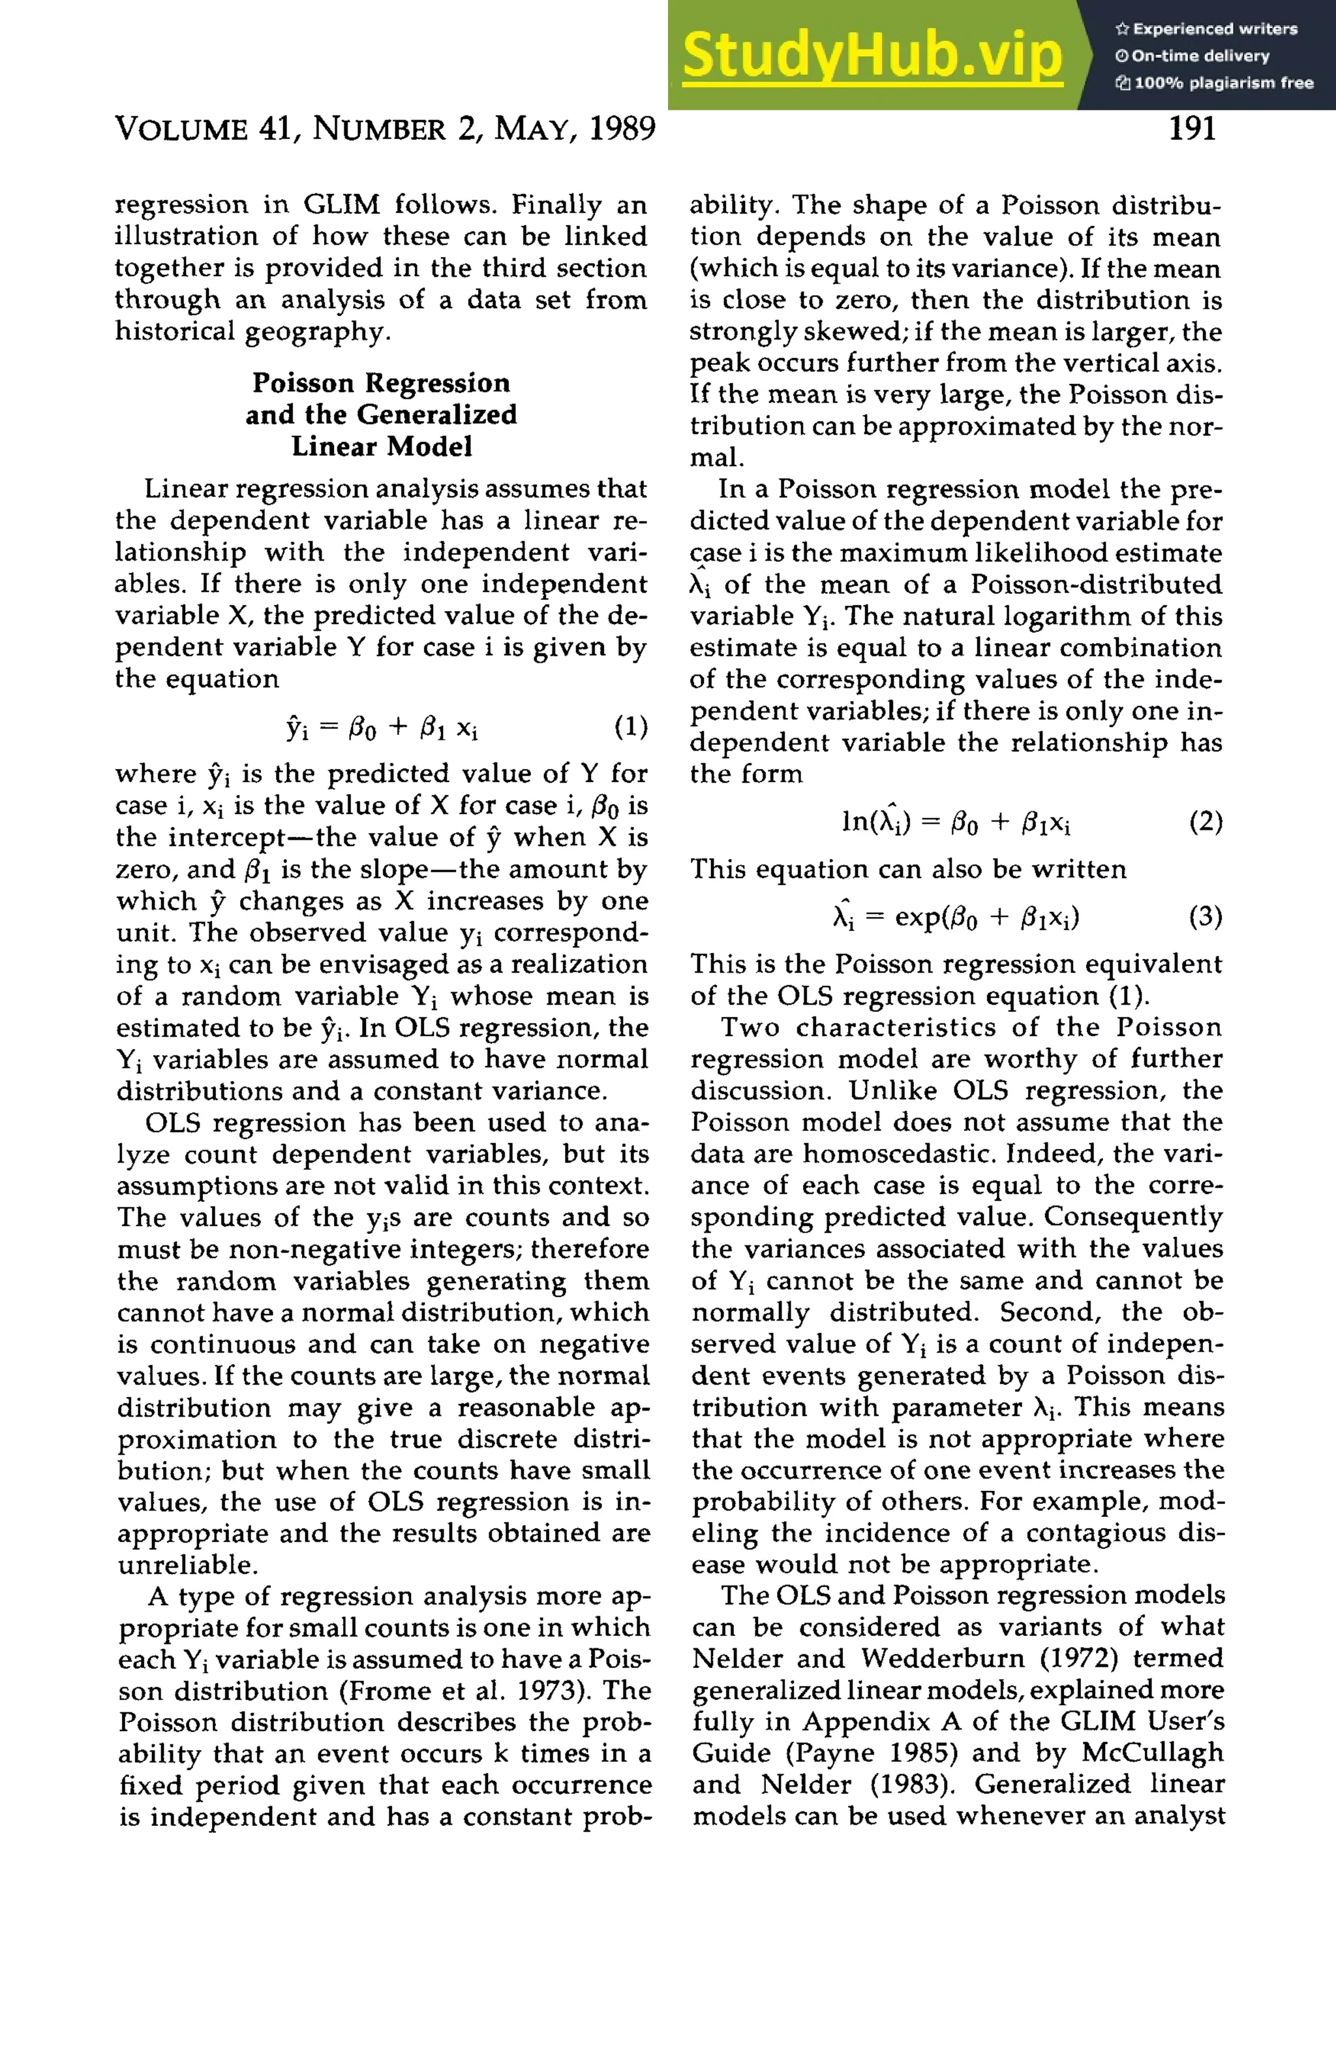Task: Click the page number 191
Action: [1192, 129]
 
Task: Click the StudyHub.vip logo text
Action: [872, 55]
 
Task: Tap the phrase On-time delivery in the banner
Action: [1201, 56]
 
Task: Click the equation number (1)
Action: [631, 727]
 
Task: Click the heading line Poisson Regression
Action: [381, 383]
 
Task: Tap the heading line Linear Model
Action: [381, 446]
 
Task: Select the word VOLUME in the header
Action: [181, 129]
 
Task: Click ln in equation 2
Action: [852, 822]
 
